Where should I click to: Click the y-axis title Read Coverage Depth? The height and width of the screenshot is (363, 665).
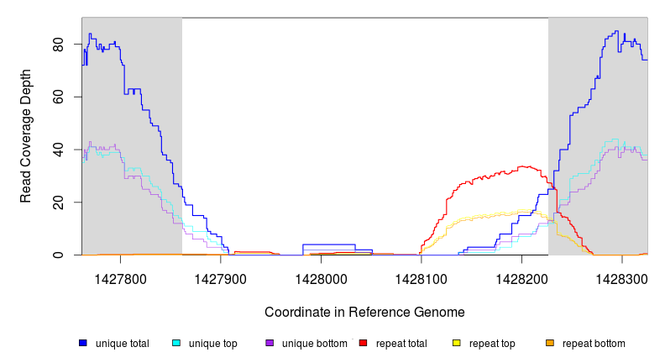(26, 136)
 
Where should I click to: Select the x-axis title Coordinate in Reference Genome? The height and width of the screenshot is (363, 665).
(364, 312)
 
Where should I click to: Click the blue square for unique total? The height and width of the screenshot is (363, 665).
(82, 344)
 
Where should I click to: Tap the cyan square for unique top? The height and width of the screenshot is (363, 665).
(175, 344)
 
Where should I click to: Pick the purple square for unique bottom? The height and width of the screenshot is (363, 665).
(270, 344)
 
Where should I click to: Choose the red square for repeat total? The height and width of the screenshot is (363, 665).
(363, 344)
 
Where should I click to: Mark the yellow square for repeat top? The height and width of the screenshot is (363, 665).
(456, 344)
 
